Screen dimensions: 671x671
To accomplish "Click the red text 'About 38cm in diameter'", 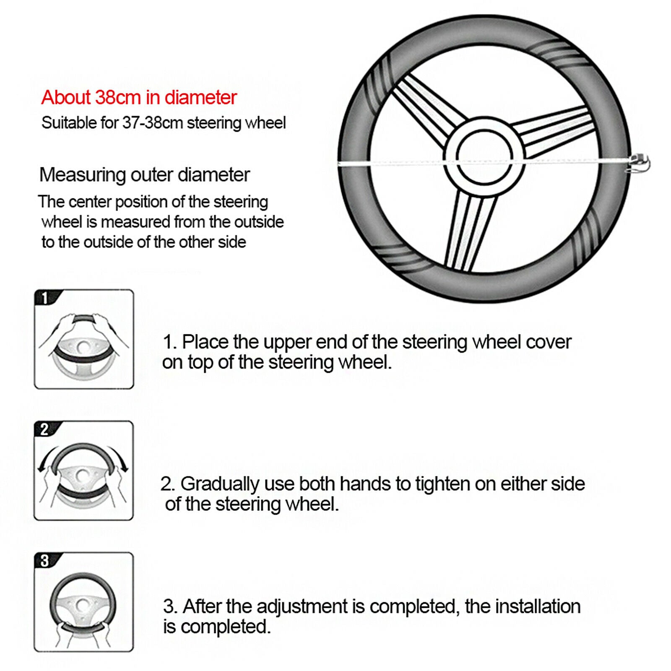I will [139, 97].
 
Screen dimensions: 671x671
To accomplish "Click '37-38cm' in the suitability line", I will [153, 123].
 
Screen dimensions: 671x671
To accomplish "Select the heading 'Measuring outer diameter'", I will [144, 174].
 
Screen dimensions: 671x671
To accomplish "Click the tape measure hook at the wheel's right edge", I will [640, 161].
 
